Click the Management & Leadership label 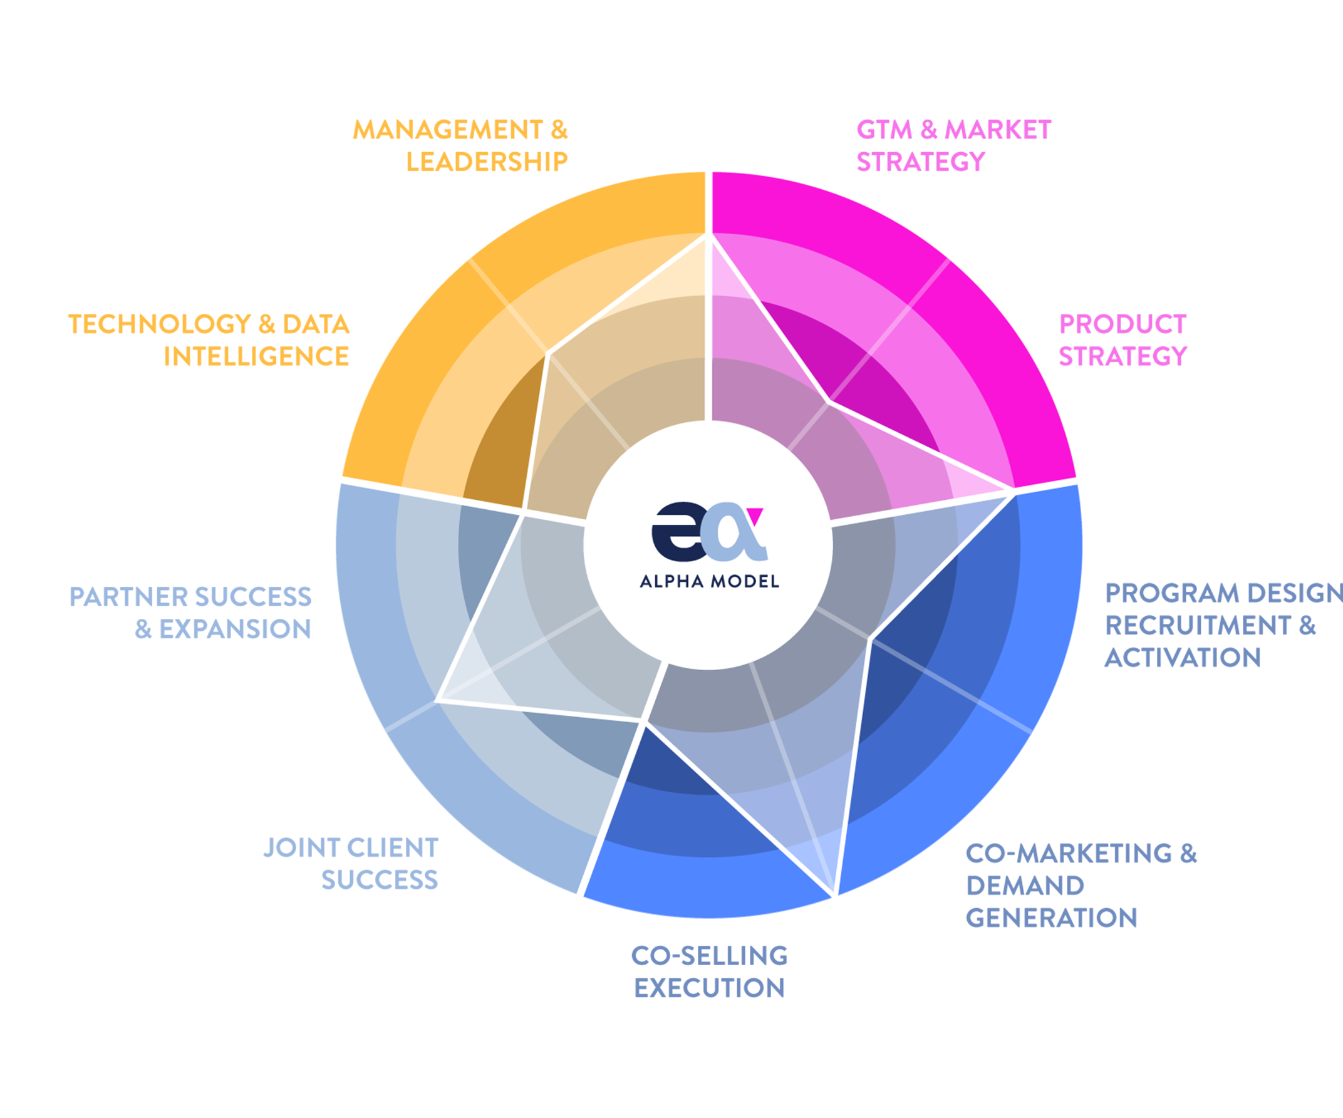click(x=460, y=146)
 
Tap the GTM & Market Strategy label click(x=953, y=146)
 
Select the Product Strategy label click(x=1123, y=340)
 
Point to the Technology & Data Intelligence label click(x=209, y=340)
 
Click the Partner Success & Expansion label click(x=190, y=613)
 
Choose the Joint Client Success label click(x=351, y=864)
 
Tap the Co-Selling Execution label click(x=709, y=971)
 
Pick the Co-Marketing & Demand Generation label click(x=1081, y=885)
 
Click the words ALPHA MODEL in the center click(x=709, y=581)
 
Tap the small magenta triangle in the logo click(x=755, y=515)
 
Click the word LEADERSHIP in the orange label click(x=487, y=162)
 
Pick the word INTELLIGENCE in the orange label click(x=256, y=356)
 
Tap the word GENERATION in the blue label click(x=1051, y=918)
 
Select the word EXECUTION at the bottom click(x=709, y=988)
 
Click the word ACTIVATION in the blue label click(x=1183, y=658)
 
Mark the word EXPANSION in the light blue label click(x=235, y=629)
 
